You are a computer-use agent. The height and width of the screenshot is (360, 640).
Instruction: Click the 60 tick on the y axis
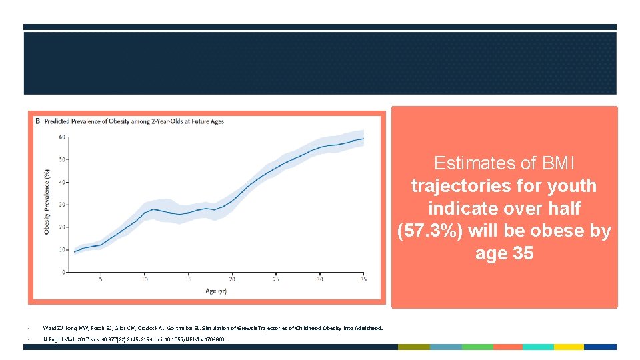pos(63,137)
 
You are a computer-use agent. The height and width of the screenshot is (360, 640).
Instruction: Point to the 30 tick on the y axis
pos(63,205)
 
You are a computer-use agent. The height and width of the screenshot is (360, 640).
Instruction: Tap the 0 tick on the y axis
pos(64,272)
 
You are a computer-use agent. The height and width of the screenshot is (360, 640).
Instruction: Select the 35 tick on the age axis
pos(364,279)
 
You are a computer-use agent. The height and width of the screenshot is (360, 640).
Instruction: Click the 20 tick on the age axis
pos(232,279)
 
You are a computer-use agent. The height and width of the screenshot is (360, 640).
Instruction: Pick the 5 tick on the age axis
pos(101,279)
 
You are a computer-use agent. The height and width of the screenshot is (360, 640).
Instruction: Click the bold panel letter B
pos(37,122)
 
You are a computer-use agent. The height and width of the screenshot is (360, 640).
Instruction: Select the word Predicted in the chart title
pos(57,122)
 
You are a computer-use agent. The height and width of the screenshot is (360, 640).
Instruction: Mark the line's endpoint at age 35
pos(363,139)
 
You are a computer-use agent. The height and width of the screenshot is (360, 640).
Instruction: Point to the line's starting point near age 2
pos(74,252)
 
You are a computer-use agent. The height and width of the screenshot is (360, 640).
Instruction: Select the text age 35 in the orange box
pos(504,254)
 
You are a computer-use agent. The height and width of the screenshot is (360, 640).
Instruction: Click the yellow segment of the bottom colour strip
pos(569,347)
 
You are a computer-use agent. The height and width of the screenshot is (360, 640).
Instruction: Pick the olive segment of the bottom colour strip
pos(413,347)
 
